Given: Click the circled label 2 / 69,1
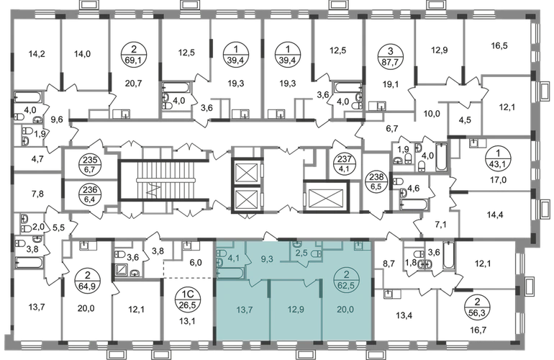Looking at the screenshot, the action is pos(133,55).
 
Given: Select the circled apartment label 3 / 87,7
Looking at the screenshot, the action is pos(390,55).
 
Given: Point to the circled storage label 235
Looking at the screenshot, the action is pos(91,165).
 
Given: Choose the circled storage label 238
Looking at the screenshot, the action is pos(376,181).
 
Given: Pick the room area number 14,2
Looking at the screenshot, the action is pos(37,54).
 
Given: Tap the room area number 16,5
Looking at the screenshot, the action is pos(499,45).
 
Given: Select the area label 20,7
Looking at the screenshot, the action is pos(133,84).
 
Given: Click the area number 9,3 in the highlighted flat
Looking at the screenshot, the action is pos(267,259).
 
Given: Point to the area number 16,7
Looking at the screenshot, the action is pos(478,330).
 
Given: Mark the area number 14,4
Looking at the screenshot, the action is pos(495,215).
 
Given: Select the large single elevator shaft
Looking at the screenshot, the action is pos(326,196).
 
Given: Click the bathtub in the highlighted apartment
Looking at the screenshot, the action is pos(230,274).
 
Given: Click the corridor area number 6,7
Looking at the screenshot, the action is pos(392,128).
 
